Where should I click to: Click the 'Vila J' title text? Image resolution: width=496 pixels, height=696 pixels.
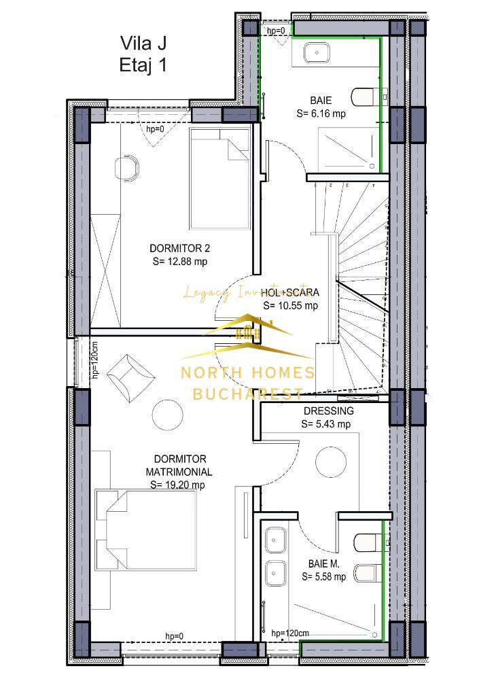click(x=143, y=43)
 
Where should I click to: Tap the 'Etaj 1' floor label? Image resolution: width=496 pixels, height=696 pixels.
click(x=143, y=65)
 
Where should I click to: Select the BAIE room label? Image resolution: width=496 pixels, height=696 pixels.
click(x=321, y=101)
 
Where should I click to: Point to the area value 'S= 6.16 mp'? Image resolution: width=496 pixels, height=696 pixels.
click(x=321, y=114)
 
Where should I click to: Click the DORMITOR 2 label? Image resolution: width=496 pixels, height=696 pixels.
click(x=175, y=247)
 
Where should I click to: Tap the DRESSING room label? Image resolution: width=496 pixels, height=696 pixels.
click(x=328, y=411)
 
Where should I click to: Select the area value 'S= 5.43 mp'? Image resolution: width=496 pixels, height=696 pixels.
click(x=325, y=424)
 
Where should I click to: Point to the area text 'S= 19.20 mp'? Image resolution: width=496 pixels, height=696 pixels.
click(x=178, y=485)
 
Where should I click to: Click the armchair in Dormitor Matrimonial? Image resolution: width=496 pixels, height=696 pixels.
click(x=131, y=375)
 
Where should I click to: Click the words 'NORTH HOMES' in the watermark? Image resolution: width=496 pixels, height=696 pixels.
click(x=247, y=372)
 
